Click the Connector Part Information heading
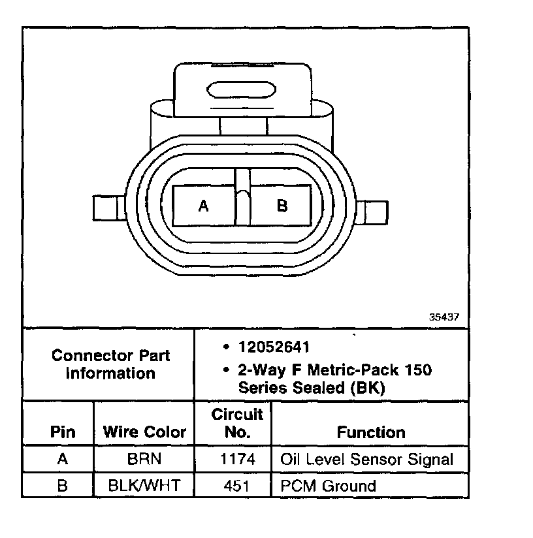point(110,364)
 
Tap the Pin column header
point(63,432)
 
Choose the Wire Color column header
point(144,432)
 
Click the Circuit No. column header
point(238,422)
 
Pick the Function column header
point(371,432)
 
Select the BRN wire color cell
point(144,459)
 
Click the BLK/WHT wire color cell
point(144,486)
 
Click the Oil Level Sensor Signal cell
point(366,459)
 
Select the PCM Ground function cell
point(328,486)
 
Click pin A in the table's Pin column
point(63,459)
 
